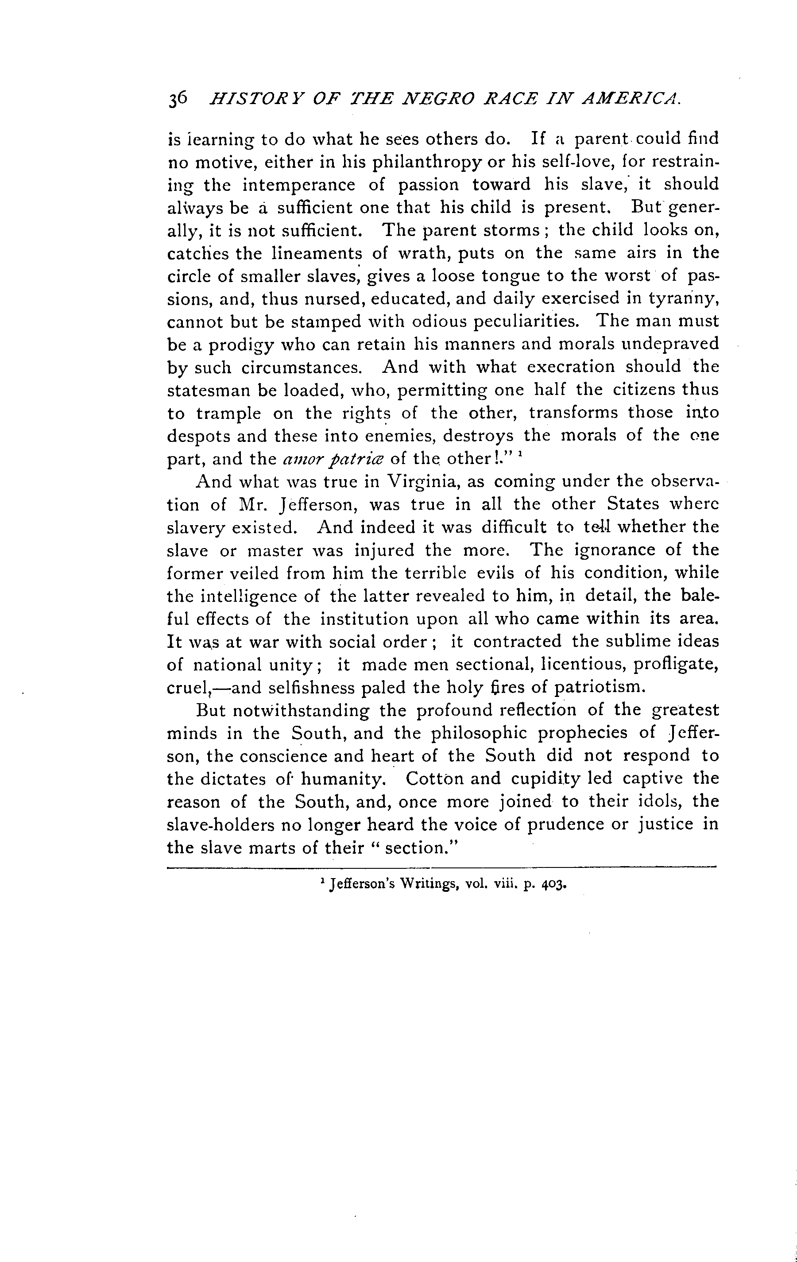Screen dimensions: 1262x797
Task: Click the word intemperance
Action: click(299, 185)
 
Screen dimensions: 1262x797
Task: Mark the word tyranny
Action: click(683, 299)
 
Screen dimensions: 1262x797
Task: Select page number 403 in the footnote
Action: click(553, 885)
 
